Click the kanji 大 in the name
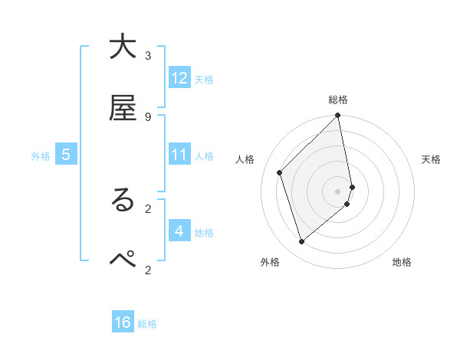(x=123, y=47)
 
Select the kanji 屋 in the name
(x=123, y=109)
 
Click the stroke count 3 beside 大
(x=148, y=55)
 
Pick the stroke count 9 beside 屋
(x=148, y=116)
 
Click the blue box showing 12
(x=179, y=78)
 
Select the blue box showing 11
(x=179, y=155)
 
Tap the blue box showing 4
(x=179, y=231)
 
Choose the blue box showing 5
(x=66, y=155)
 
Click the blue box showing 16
(x=123, y=322)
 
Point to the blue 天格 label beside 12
(x=204, y=79)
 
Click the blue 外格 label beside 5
(x=41, y=155)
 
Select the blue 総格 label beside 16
(x=147, y=323)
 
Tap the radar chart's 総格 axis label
(x=338, y=100)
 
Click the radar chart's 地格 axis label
(x=402, y=262)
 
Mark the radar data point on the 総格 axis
(x=338, y=116)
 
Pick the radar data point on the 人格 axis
(x=280, y=172)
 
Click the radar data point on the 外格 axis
(x=301, y=242)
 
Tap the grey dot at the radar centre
(x=338, y=191)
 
